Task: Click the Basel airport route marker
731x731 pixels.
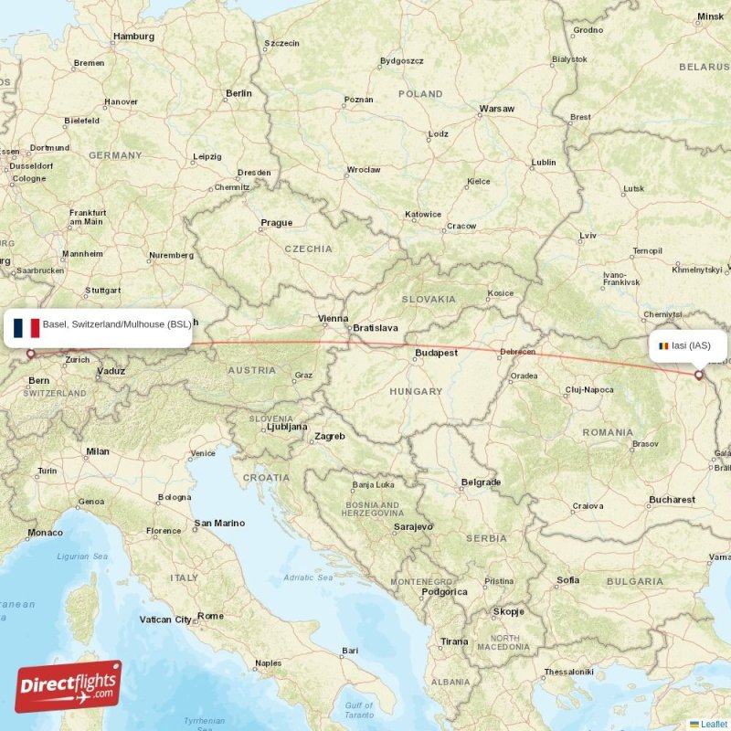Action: click(x=30, y=354)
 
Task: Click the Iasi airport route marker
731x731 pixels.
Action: click(x=699, y=374)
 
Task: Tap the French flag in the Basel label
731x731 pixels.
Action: click(x=26, y=327)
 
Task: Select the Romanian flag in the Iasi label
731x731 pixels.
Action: click(x=663, y=346)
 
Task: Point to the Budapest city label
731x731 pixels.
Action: click(x=436, y=353)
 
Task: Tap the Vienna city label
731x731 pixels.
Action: click(x=333, y=319)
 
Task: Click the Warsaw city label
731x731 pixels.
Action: click(x=497, y=109)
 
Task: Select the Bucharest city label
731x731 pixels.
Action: click(x=673, y=500)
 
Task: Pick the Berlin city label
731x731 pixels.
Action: click(x=238, y=93)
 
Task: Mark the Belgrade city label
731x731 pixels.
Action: click(x=481, y=482)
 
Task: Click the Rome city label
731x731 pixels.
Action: click(x=210, y=616)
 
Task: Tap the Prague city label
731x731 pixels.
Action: click(x=276, y=223)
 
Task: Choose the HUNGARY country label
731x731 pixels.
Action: click(x=416, y=391)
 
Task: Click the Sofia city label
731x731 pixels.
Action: click(x=567, y=580)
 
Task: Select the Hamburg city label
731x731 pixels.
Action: click(x=132, y=37)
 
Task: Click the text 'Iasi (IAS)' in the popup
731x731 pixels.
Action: click(x=692, y=345)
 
